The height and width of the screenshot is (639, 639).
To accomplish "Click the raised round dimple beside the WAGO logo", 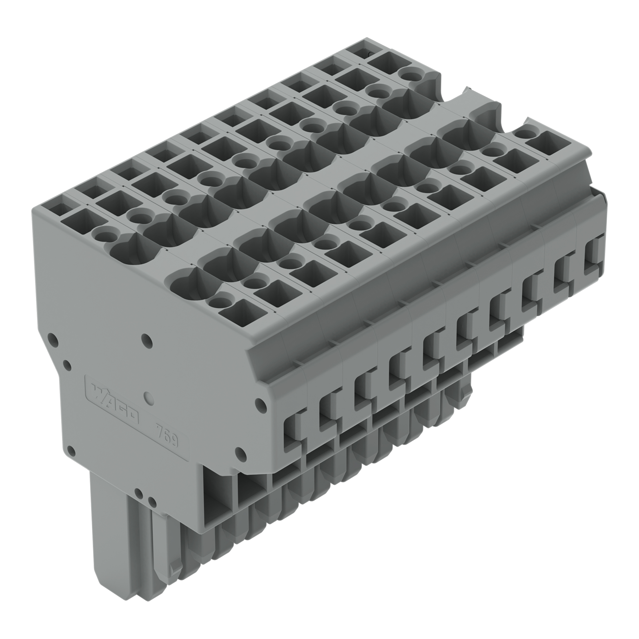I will [150, 398].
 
